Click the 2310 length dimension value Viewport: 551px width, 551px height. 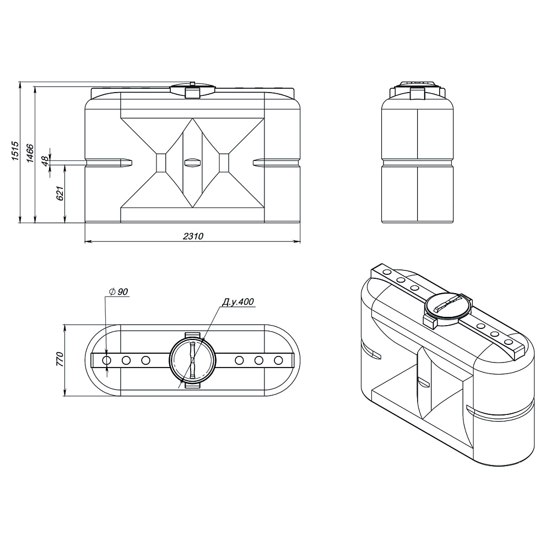point(193,236)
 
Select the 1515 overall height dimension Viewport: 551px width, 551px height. point(15,151)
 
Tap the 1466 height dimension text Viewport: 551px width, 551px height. point(30,153)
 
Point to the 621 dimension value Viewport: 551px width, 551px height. point(60,193)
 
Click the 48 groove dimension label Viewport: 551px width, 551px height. point(45,161)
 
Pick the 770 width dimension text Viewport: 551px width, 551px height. point(59,359)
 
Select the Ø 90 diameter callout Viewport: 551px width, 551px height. point(118,291)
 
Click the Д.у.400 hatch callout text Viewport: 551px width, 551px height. point(237,302)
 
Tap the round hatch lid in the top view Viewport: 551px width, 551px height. point(192,360)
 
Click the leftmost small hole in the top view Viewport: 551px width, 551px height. point(107,360)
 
